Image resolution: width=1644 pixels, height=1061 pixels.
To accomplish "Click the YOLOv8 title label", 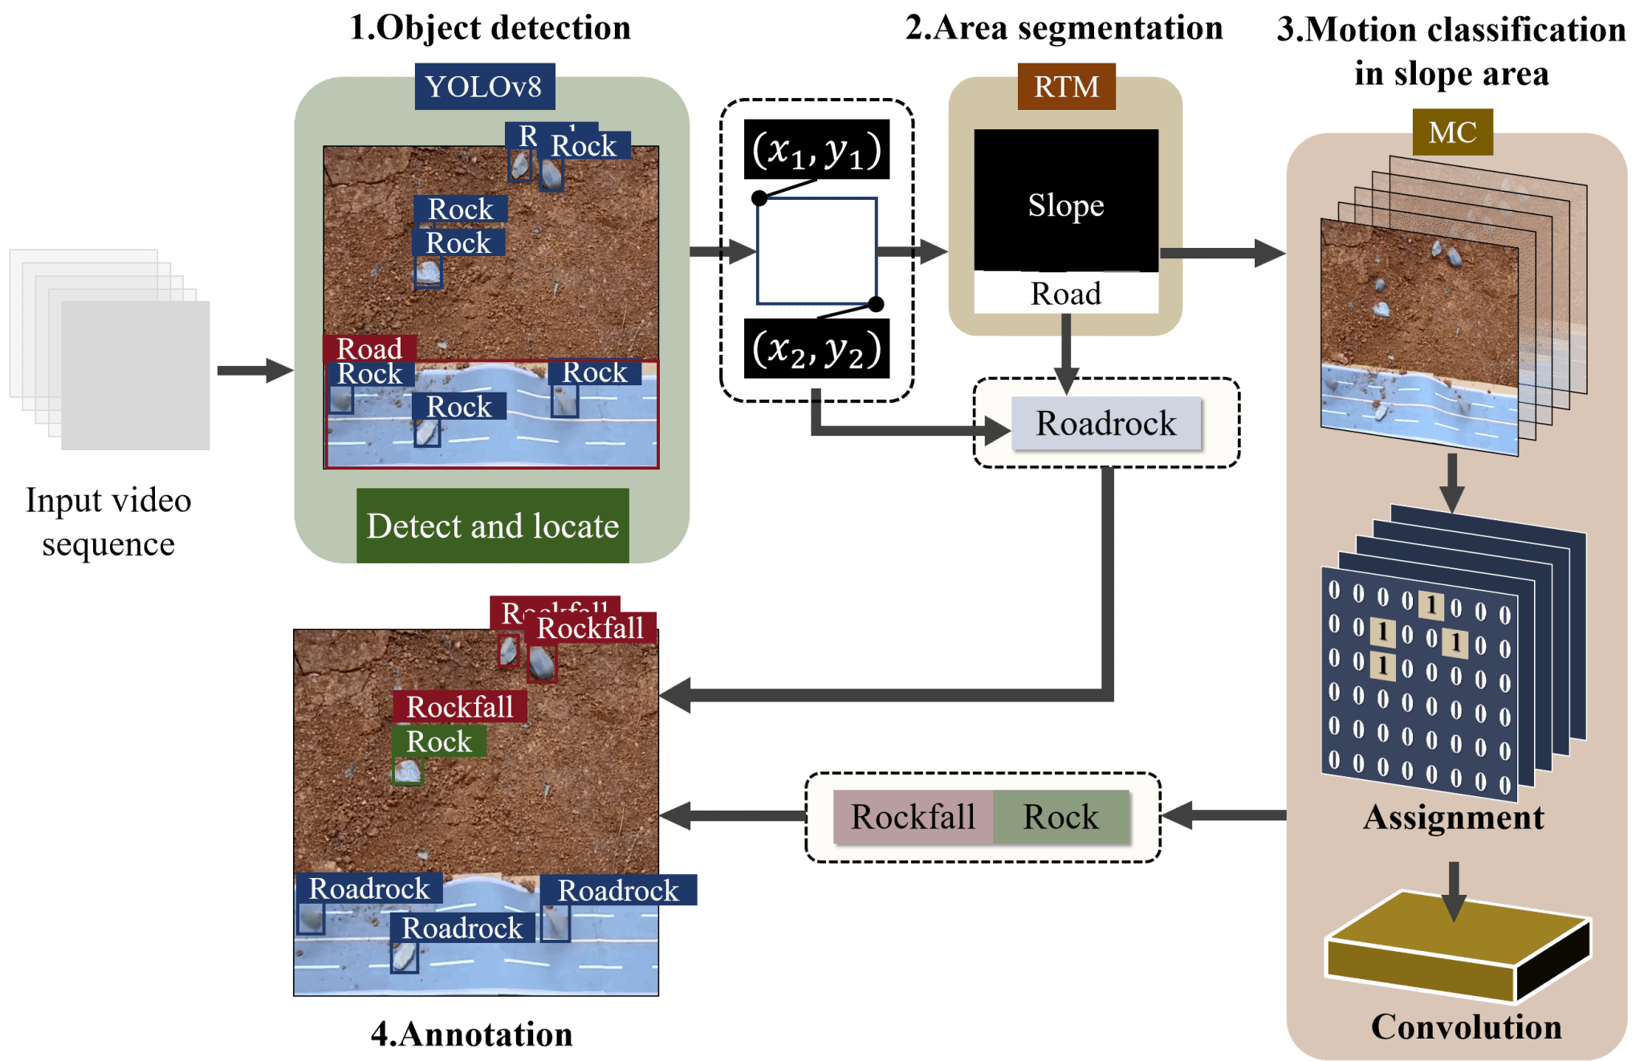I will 484,87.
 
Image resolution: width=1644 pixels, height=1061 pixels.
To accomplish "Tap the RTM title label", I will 1066,87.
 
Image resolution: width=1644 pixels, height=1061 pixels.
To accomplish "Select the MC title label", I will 1452,132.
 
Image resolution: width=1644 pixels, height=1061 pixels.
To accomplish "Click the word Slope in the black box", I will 1066,205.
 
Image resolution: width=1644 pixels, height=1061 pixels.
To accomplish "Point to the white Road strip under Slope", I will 1066,294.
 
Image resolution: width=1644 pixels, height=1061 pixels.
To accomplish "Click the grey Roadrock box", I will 1106,423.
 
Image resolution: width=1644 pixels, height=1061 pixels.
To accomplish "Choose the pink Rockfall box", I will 914,817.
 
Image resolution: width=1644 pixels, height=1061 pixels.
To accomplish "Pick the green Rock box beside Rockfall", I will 1061,817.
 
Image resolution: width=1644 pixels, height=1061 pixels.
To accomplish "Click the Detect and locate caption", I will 492,526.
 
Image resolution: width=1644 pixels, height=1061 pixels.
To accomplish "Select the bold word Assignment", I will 1453,818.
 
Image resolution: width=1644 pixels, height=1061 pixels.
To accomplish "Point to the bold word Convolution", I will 1466,1027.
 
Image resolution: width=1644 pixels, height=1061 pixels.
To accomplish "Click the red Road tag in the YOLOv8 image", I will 369,348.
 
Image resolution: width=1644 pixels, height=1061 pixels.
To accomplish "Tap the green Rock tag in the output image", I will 438,742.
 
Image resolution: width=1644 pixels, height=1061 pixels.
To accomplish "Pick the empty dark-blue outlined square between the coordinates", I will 816,251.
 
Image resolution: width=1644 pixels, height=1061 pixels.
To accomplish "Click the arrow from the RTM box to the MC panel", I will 1223,253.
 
